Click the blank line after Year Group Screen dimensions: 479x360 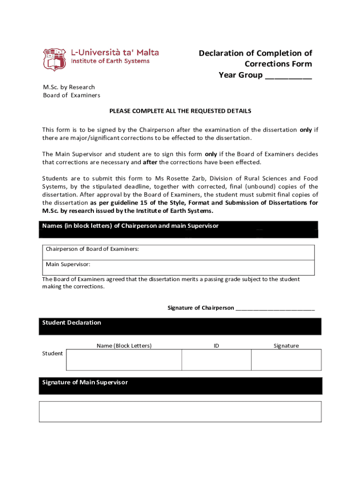click(x=288, y=76)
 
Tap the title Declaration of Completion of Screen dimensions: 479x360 click(x=255, y=53)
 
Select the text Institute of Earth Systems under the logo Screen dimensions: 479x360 click(x=110, y=61)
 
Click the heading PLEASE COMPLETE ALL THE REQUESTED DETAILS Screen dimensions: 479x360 click(x=180, y=111)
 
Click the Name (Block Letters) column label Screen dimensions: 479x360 click(x=124, y=346)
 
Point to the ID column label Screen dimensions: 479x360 click(x=216, y=346)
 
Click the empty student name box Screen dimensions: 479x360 click(x=124, y=360)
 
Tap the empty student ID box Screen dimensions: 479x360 click(x=216, y=360)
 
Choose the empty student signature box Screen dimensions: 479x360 click(x=286, y=360)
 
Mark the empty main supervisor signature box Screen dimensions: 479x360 click(x=180, y=412)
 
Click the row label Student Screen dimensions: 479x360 click(x=52, y=354)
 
